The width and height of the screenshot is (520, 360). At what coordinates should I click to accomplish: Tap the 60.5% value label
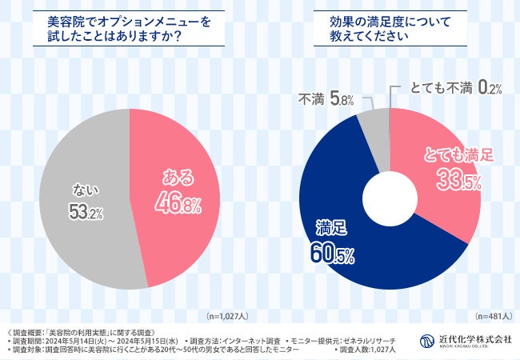(x=328, y=254)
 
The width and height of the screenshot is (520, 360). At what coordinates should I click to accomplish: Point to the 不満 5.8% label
(x=321, y=102)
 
